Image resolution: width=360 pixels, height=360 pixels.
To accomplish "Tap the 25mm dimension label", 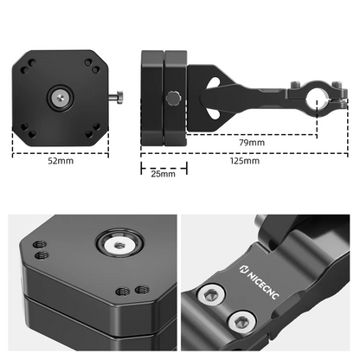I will point(162,174).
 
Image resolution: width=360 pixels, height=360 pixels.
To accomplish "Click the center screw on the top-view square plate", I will point(60,99).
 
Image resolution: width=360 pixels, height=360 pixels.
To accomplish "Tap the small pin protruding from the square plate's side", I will point(118,97).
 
